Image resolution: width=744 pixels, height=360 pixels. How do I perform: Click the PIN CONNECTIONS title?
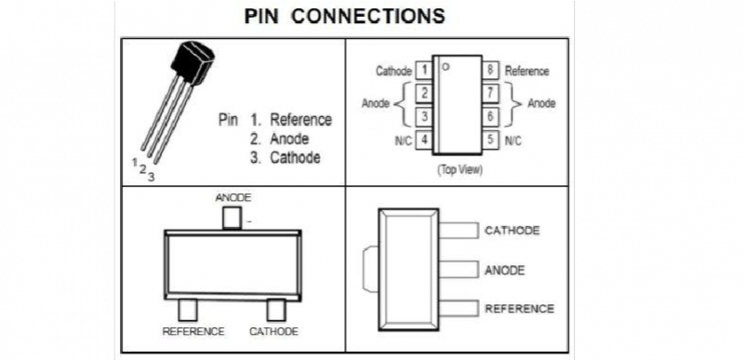[x=345, y=17]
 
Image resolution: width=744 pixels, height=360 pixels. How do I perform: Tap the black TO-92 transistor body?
[x=193, y=61]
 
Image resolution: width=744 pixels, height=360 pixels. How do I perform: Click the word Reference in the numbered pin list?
[x=300, y=119]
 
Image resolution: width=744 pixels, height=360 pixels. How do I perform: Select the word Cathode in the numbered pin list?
[x=295, y=157]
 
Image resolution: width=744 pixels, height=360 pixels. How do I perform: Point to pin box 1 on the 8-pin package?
[x=424, y=71]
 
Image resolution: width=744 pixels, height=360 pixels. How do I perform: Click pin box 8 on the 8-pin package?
[x=491, y=71]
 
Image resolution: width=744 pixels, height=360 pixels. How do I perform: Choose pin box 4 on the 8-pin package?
[x=424, y=140]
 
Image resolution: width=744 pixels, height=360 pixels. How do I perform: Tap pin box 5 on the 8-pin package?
[x=491, y=140]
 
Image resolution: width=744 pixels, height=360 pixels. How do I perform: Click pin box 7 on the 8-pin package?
[x=491, y=93]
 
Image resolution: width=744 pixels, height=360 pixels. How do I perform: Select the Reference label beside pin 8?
[x=526, y=71]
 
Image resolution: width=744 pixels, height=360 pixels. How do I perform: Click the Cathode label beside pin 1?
[x=393, y=71]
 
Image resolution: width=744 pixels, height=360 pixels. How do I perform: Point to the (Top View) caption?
[x=459, y=170]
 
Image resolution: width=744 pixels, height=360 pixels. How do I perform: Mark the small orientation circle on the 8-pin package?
[x=445, y=67]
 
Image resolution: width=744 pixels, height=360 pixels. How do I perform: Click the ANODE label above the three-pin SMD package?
[x=233, y=197]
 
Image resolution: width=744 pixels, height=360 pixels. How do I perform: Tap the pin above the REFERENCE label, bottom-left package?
[x=188, y=310]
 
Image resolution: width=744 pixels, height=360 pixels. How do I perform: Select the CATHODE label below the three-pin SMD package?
[x=273, y=331]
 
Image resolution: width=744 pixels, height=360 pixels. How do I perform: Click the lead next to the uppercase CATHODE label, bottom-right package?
[x=458, y=231]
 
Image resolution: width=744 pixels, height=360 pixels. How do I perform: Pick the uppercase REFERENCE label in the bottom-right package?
[x=519, y=309]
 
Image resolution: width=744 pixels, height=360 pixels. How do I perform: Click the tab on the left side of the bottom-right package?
[x=370, y=269]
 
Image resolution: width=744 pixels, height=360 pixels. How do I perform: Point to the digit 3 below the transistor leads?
[x=151, y=178]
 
